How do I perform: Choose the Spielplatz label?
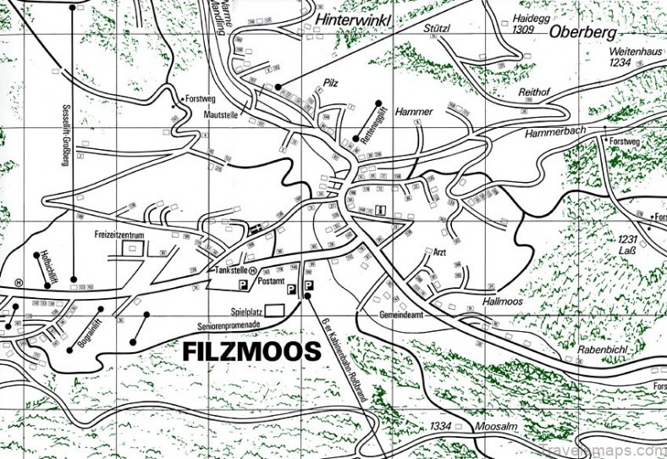click(x=243, y=311)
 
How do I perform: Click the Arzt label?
click(x=438, y=252)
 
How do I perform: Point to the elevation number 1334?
click(x=440, y=425)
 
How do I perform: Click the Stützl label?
click(x=436, y=27)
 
